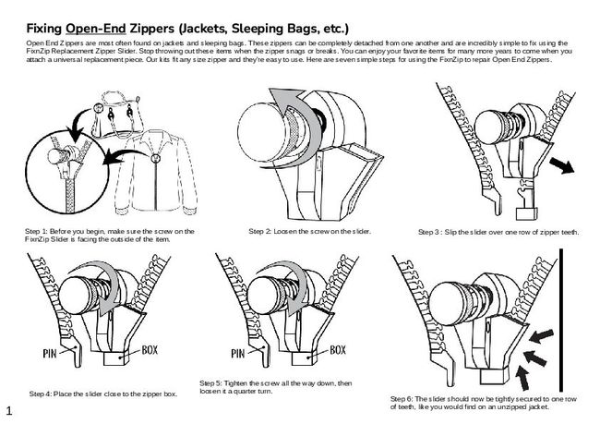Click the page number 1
[x=8, y=407]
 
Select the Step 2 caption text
[x=309, y=229]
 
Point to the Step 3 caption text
[x=498, y=232]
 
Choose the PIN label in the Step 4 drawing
[x=53, y=352]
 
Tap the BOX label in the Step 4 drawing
[x=152, y=350]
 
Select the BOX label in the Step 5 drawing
[x=338, y=350]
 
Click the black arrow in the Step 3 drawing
[x=560, y=164]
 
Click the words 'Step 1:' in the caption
[x=36, y=229]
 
